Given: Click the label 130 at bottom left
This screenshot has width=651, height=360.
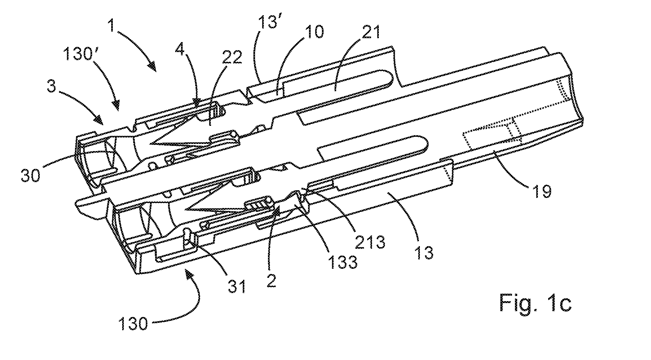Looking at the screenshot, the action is [x=133, y=322].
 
